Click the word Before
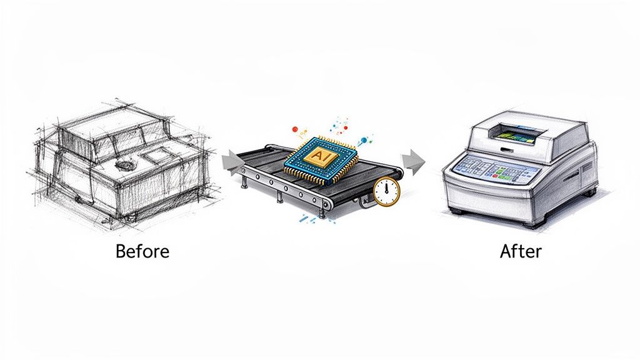[x=142, y=251]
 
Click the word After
[x=521, y=251]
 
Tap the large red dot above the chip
[x=295, y=130]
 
